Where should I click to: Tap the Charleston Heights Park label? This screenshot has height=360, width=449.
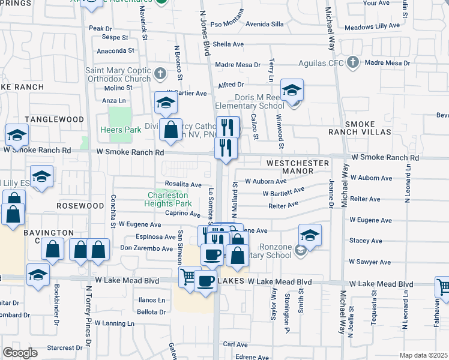tap(169, 199)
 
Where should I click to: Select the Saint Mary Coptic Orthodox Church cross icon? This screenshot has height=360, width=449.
tap(160, 74)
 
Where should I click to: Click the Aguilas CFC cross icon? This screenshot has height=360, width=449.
tap(353, 62)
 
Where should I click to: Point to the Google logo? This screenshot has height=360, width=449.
tap(19, 353)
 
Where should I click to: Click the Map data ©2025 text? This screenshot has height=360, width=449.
tap(423, 355)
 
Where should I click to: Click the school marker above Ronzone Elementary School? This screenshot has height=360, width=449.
tap(310, 235)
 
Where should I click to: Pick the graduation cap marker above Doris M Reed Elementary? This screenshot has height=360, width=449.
tap(292, 90)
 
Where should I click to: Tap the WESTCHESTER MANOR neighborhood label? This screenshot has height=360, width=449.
tap(298, 167)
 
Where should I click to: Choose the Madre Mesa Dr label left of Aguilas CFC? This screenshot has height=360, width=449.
tap(239, 65)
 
